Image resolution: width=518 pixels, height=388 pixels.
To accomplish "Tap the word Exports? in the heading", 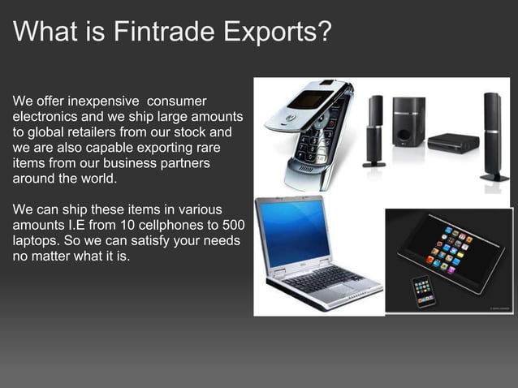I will pos(277,32).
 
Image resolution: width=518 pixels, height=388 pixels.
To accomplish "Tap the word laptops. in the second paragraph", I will pos(38,241).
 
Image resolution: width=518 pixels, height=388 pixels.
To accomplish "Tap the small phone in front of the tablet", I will pos(422,289).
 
